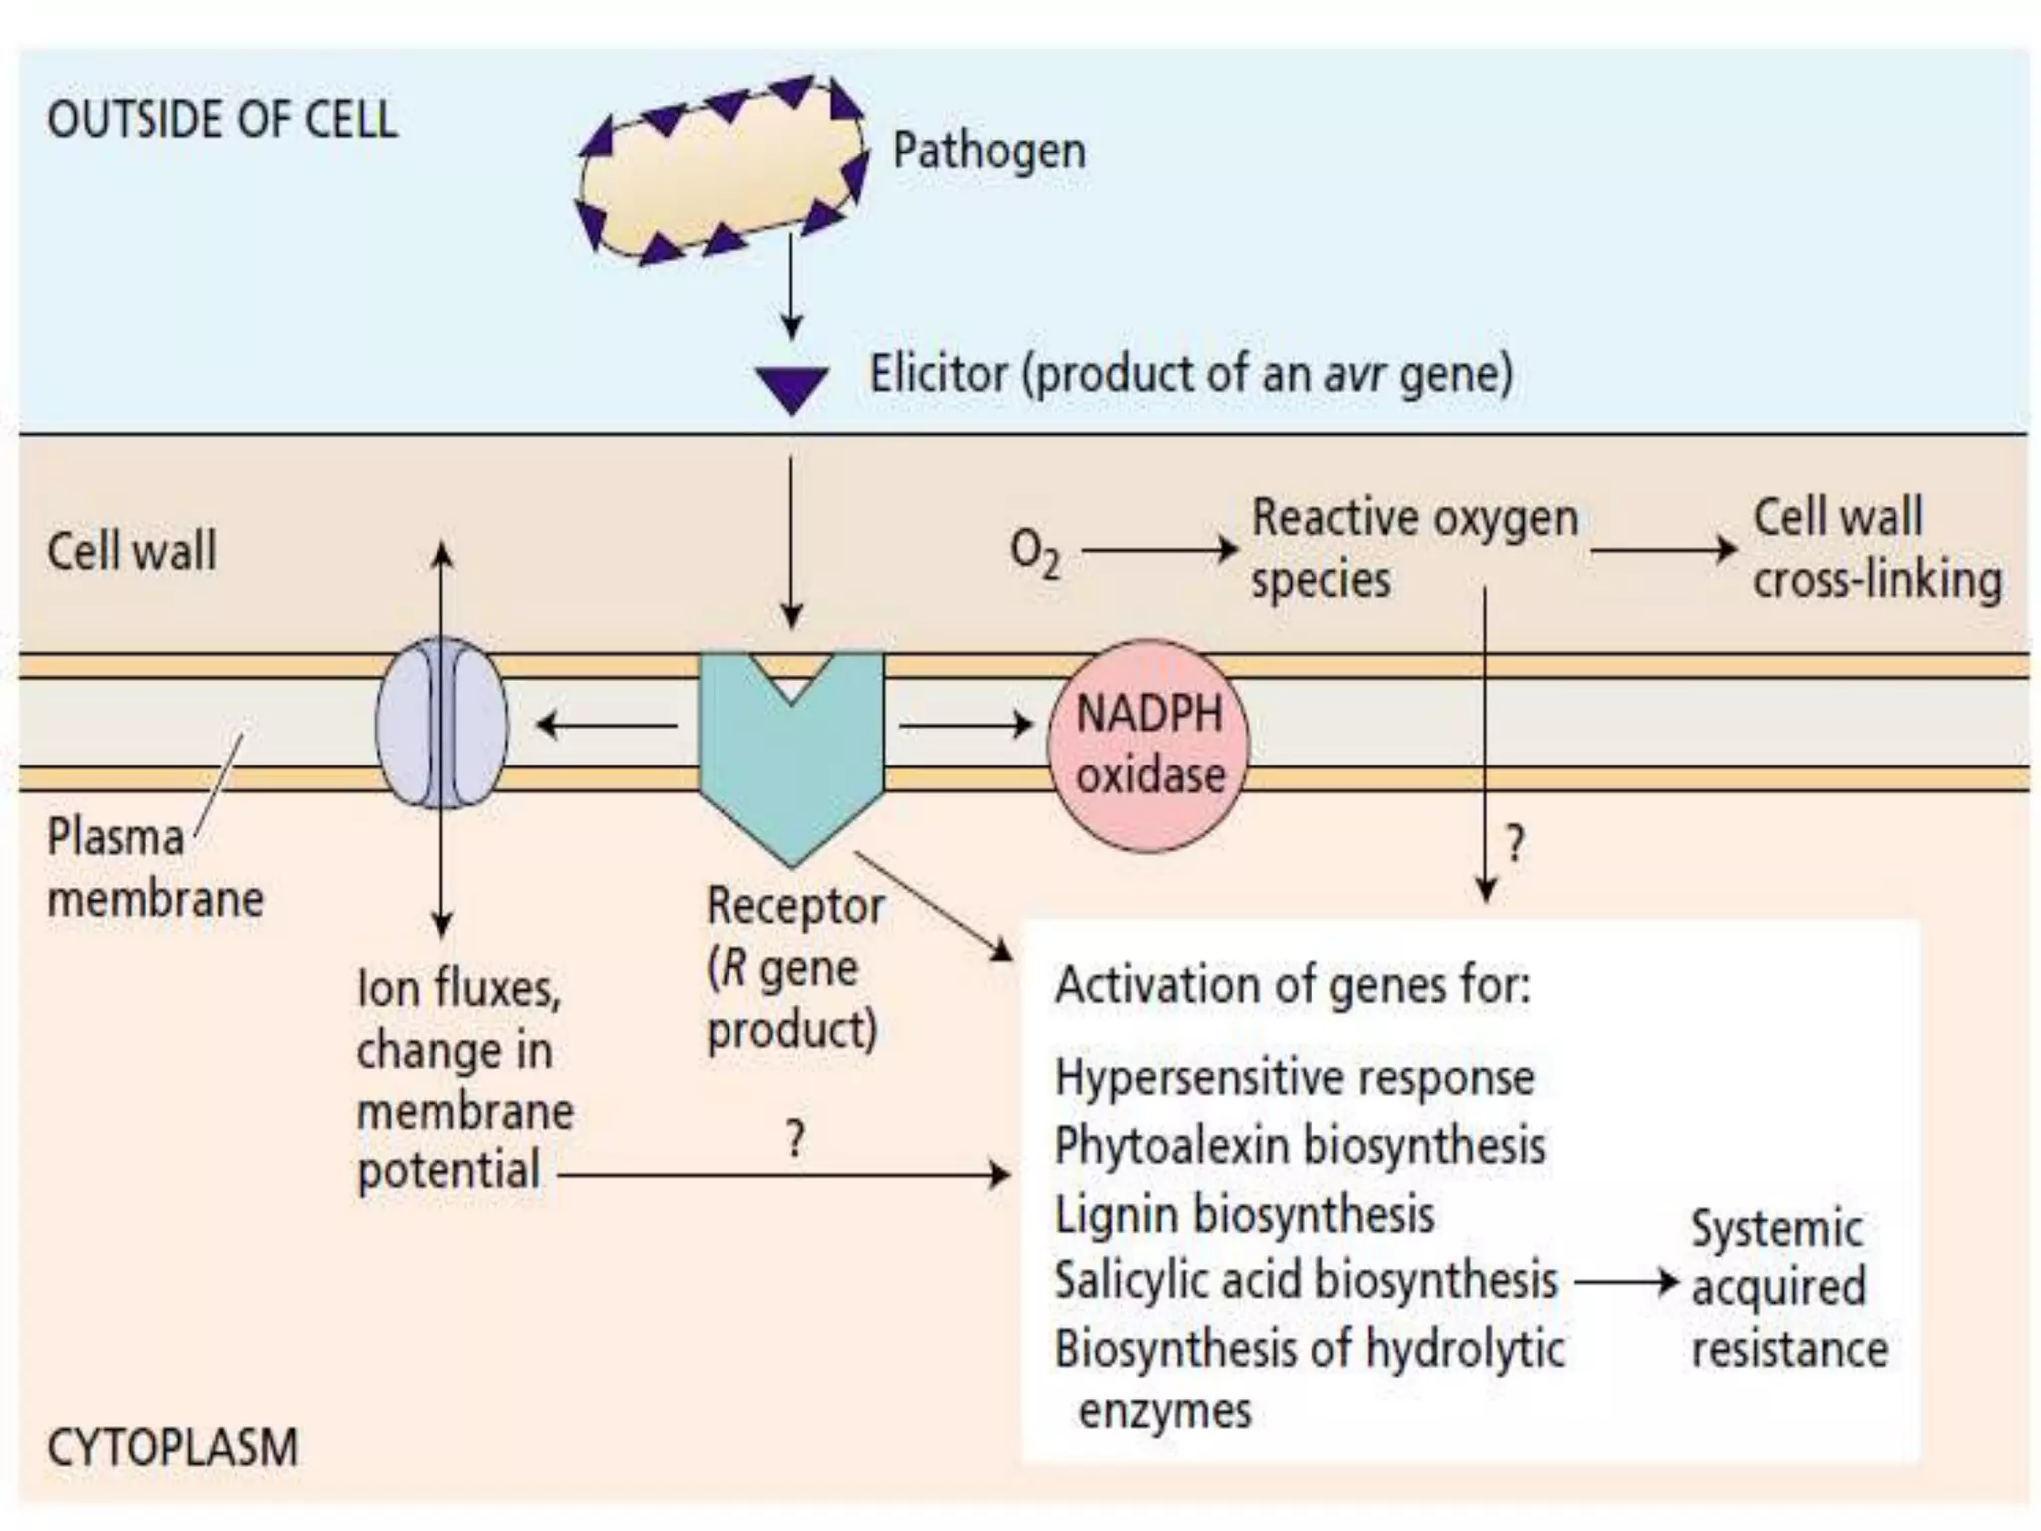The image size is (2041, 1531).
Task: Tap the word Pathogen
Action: pyautogui.click(x=989, y=152)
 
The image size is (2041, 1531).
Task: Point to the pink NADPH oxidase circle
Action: pyautogui.click(x=1149, y=746)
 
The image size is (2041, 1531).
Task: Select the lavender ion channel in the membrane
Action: pyautogui.click(x=441, y=724)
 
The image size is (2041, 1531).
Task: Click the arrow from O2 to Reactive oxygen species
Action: pyautogui.click(x=1159, y=549)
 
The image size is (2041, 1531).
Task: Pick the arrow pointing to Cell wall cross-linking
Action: pyautogui.click(x=1662, y=549)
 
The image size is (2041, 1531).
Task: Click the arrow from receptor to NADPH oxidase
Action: pyautogui.click(x=965, y=725)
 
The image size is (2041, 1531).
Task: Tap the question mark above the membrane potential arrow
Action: pyautogui.click(x=794, y=1137)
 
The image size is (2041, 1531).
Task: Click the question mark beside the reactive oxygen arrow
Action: pyautogui.click(x=1514, y=844)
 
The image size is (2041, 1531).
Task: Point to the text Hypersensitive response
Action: pyautogui.click(x=1294, y=1077)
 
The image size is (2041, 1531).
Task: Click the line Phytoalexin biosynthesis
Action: pyautogui.click(x=1300, y=1146)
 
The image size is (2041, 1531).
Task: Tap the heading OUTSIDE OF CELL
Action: pyautogui.click(x=221, y=120)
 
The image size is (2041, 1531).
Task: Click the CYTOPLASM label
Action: pyautogui.click(x=172, y=1447)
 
